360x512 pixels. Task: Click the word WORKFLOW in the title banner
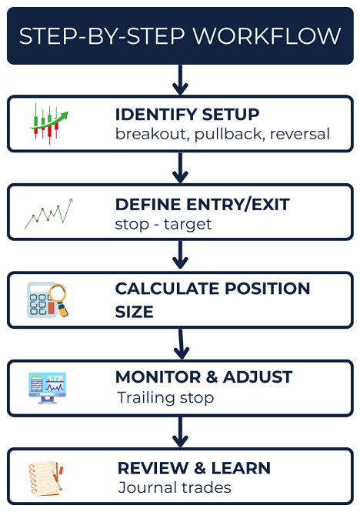click(267, 36)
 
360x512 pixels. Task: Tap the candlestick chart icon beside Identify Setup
click(49, 124)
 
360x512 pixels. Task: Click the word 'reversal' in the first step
click(300, 134)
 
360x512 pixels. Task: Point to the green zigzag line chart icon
click(48, 214)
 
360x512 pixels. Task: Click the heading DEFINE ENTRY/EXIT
click(202, 204)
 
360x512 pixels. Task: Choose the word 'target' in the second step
click(188, 224)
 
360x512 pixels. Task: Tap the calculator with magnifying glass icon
click(48, 300)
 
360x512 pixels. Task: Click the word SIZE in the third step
click(134, 312)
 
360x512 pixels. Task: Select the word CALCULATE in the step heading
click(168, 289)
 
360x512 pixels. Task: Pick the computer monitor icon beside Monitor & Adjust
click(48, 388)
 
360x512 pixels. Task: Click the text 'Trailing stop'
click(165, 397)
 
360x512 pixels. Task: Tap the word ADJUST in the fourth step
click(258, 377)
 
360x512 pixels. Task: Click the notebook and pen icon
click(46, 478)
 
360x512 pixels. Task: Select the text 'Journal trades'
click(175, 487)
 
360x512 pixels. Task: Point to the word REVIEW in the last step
click(153, 468)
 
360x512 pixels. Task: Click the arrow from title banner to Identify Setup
click(180, 79)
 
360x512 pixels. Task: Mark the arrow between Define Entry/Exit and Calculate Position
click(180, 255)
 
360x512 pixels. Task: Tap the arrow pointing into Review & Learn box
click(180, 432)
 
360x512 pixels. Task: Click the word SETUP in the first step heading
click(231, 115)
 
